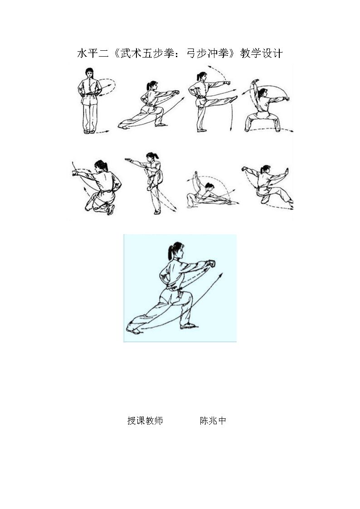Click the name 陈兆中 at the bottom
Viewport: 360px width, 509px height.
tap(213, 421)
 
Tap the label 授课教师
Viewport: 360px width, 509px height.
tap(145, 421)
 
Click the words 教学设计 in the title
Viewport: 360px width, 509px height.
tap(261, 53)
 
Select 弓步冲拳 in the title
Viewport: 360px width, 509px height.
tap(208, 53)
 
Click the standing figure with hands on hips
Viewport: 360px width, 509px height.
tap(89, 101)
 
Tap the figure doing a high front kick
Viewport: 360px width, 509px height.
tap(211, 101)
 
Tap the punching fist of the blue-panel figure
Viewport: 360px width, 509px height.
tap(211, 263)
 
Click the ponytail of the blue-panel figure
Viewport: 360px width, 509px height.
tap(170, 252)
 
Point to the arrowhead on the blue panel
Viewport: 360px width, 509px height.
tap(220, 276)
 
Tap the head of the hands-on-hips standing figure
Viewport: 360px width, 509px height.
tap(89, 73)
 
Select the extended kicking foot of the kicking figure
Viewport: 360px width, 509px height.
tap(234, 98)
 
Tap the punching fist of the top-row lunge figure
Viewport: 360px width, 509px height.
tap(176, 92)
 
